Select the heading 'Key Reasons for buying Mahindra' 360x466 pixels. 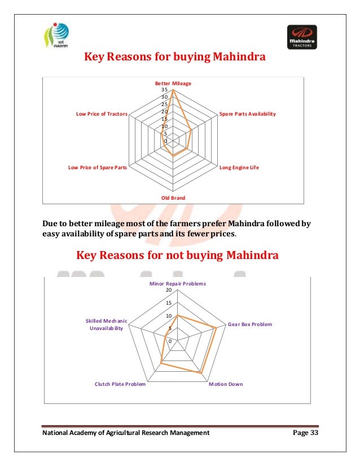[x=175, y=58]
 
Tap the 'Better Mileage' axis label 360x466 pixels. [x=174, y=83]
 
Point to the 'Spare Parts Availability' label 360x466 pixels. [x=247, y=114]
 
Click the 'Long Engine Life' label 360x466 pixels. [x=239, y=168]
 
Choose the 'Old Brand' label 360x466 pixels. [x=173, y=197]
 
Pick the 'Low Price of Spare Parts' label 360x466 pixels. [x=97, y=168]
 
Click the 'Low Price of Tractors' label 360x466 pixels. [x=102, y=114]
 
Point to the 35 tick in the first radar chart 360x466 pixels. [x=164, y=90]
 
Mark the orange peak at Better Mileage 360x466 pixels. [x=173, y=91]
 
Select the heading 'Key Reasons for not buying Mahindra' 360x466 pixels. [x=177, y=256]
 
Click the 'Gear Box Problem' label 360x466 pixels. [x=249, y=324]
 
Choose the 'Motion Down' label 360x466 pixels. [x=226, y=384]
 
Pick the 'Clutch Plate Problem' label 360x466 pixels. [x=120, y=384]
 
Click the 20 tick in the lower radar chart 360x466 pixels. [x=168, y=290]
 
